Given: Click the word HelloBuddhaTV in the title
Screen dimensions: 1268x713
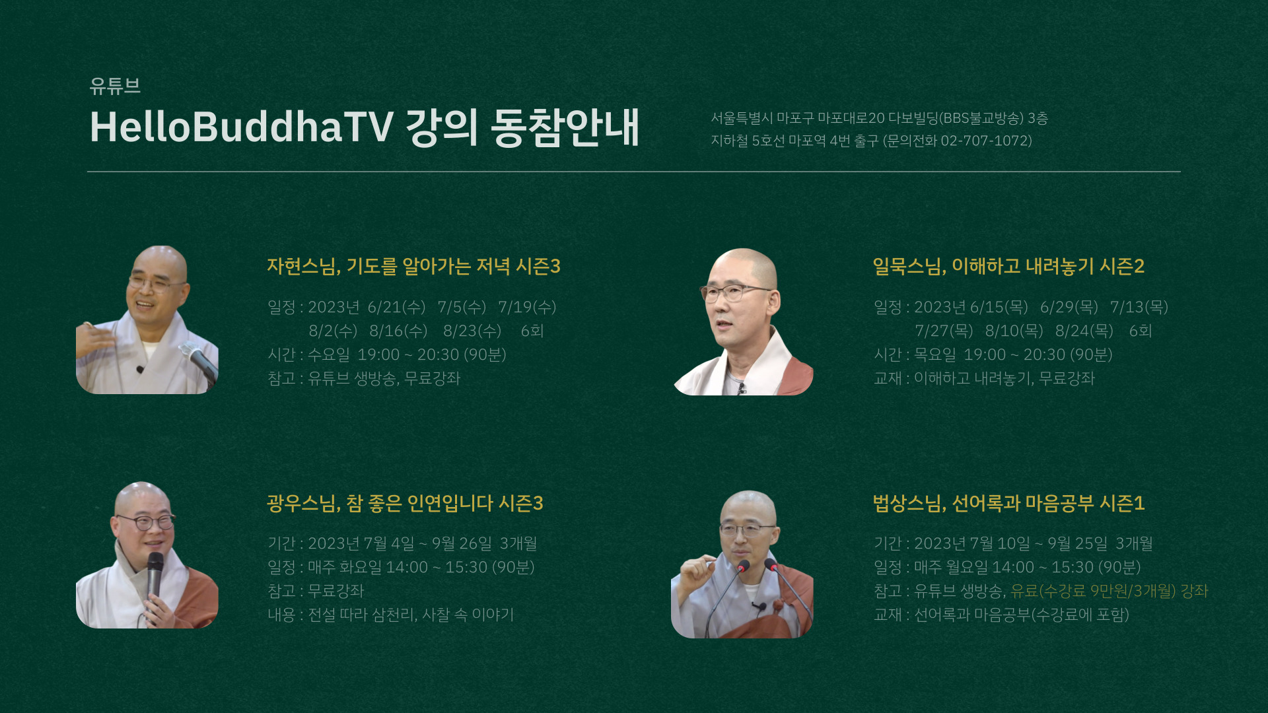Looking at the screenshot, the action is [x=242, y=127].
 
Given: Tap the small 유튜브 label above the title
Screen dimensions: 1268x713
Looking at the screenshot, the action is [x=115, y=86].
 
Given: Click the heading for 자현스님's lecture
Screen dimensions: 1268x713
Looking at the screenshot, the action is [x=413, y=266].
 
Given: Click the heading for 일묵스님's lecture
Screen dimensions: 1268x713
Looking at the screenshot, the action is [x=1008, y=266].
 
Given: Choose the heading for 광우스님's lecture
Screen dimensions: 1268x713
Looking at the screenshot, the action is [x=405, y=503].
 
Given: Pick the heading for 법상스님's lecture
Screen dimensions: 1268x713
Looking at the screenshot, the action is [x=1008, y=503].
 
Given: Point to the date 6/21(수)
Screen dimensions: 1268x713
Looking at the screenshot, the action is [x=396, y=307].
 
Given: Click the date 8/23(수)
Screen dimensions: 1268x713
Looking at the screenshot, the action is [x=472, y=331].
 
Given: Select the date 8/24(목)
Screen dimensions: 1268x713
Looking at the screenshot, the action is [x=1084, y=331].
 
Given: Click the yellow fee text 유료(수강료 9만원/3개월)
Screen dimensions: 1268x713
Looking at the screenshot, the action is [x=1094, y=591].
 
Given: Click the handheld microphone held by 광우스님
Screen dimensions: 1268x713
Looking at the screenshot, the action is [x=155, y=574].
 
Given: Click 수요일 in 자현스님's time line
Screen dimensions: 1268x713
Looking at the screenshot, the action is [x=329, y=355].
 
